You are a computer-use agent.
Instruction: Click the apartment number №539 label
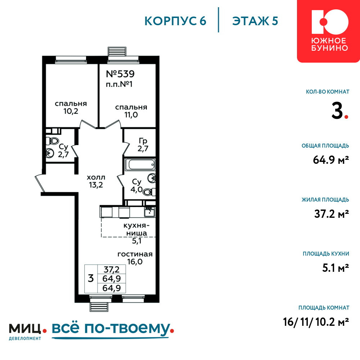coord(120,74)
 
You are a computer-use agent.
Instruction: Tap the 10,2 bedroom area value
coord(71,111)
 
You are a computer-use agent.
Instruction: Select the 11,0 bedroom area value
coord(131,115)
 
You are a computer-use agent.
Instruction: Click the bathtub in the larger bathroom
coord(140,165)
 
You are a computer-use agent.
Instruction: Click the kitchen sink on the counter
coord(149,212)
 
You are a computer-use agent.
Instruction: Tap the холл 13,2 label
coord(96,181)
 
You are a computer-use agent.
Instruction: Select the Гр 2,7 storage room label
coord(143,145)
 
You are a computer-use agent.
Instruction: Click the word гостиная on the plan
coord(135,254)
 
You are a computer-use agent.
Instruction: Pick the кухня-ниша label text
coord(136,229)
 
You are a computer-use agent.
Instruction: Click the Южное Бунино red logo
coord(329,31)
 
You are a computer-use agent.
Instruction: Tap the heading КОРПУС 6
coord(175,21)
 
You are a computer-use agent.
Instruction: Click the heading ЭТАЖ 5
coord(255,21)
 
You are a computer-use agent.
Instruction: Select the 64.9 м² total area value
coord(331,160)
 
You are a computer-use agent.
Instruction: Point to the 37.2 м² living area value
coord(332,214)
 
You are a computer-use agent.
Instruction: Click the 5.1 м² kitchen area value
coord(336,268)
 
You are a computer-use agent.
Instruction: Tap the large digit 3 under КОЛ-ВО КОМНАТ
coord(337,111)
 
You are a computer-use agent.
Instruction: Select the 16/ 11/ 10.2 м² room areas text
coord(316,322)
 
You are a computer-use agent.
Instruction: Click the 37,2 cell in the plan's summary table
coord(112,269)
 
